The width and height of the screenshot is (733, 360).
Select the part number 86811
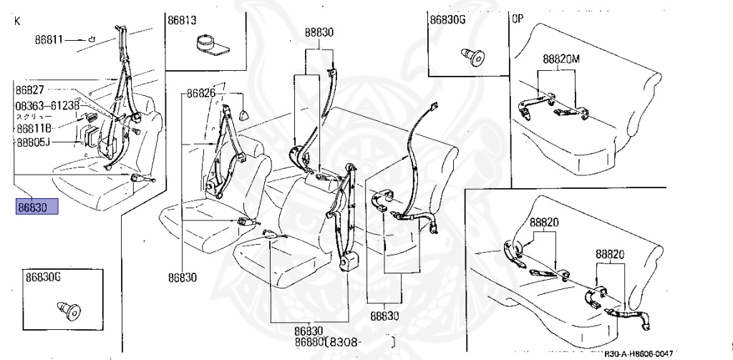tap(50, 39)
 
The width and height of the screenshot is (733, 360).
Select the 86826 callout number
tap(202, 93)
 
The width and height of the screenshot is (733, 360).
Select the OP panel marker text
tap(517, 18)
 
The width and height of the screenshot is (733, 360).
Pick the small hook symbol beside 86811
tap(92, 39)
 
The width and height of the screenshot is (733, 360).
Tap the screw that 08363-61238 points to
tap(135, 130)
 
